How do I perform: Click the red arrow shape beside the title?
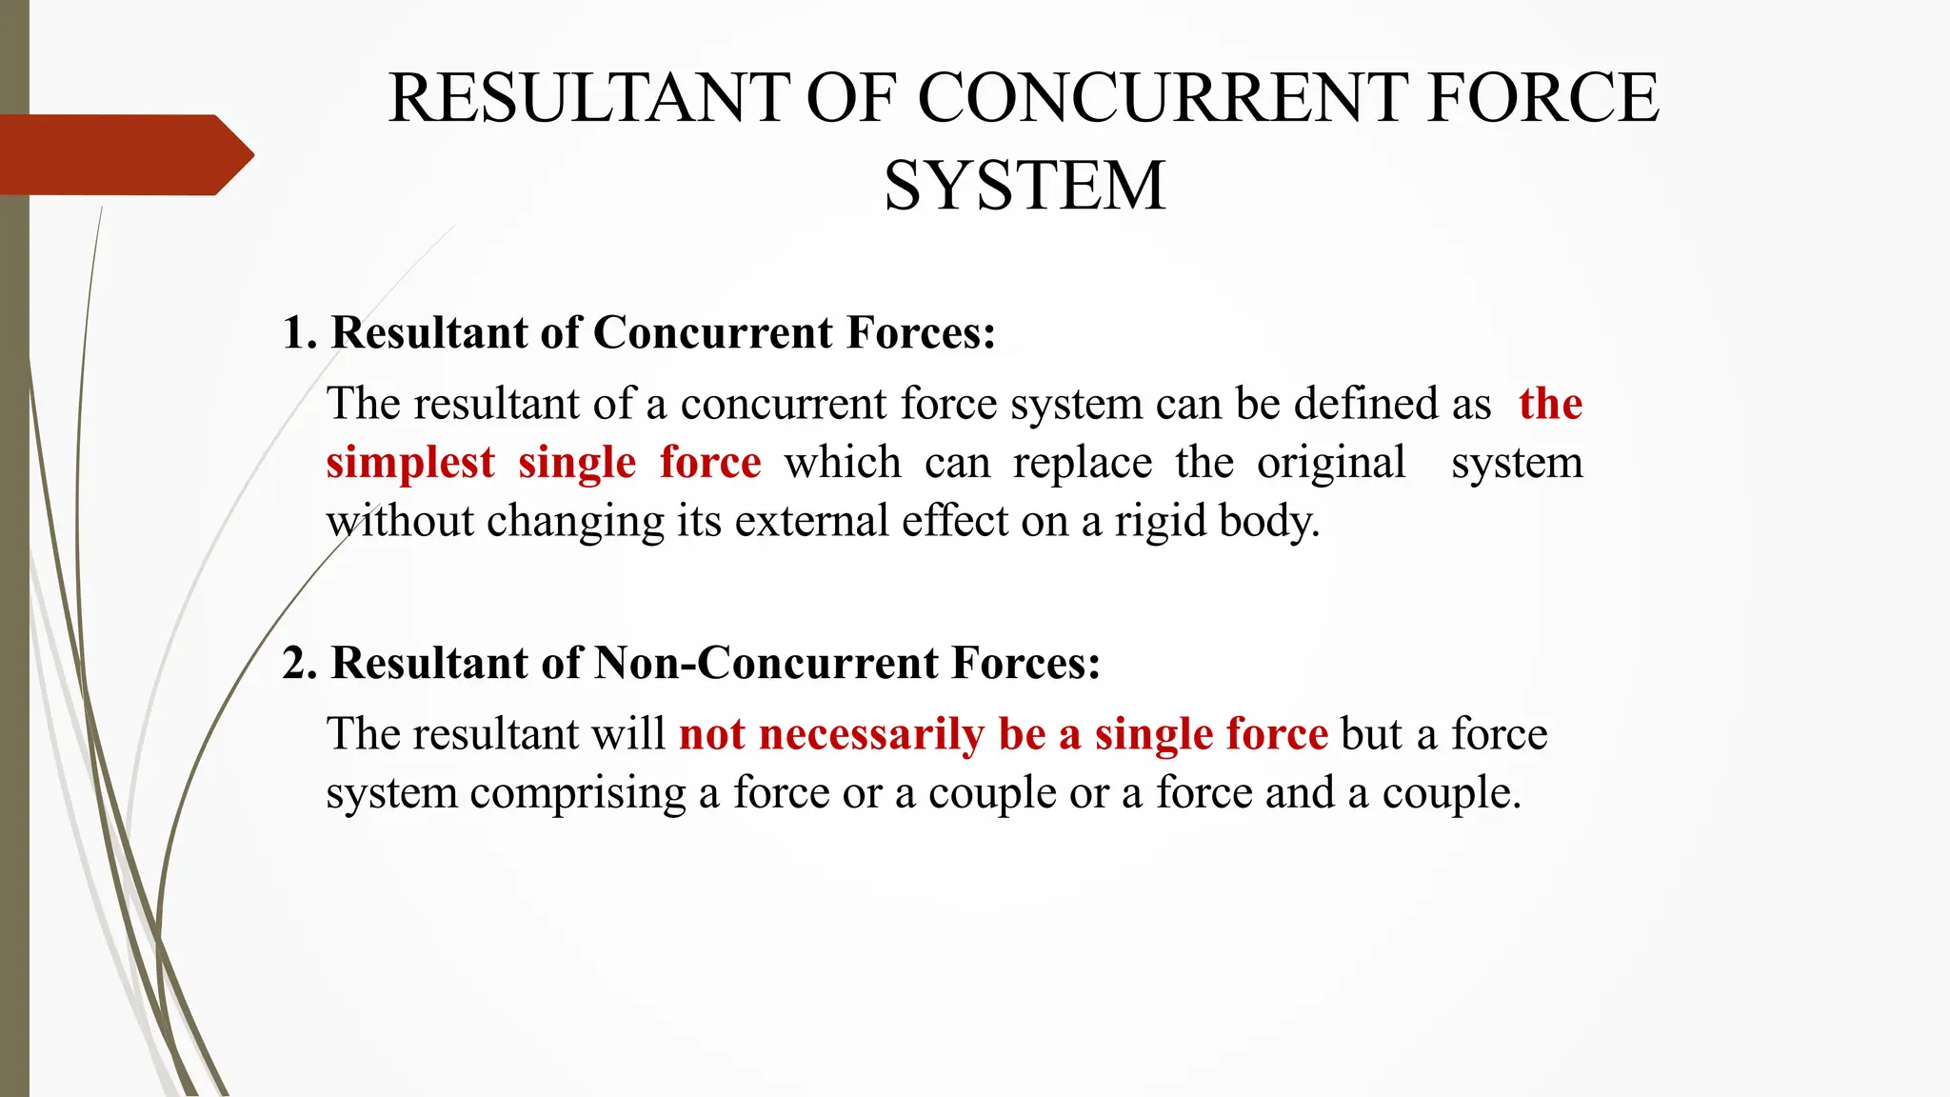click(x=124, y=155)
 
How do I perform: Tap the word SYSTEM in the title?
click(x=1025, y=186)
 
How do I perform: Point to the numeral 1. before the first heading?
click(x=299, y=333)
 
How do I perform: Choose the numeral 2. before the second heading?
click(x=299, y=664)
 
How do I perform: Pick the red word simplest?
click(x=410, y=464)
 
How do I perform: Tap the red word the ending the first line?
click(x=1550, y=404)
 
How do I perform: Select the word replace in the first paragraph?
click(x=1083, y=464)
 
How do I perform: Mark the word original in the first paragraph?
click(x=1331, y=464)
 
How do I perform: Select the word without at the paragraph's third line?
click(x=400, y=522)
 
